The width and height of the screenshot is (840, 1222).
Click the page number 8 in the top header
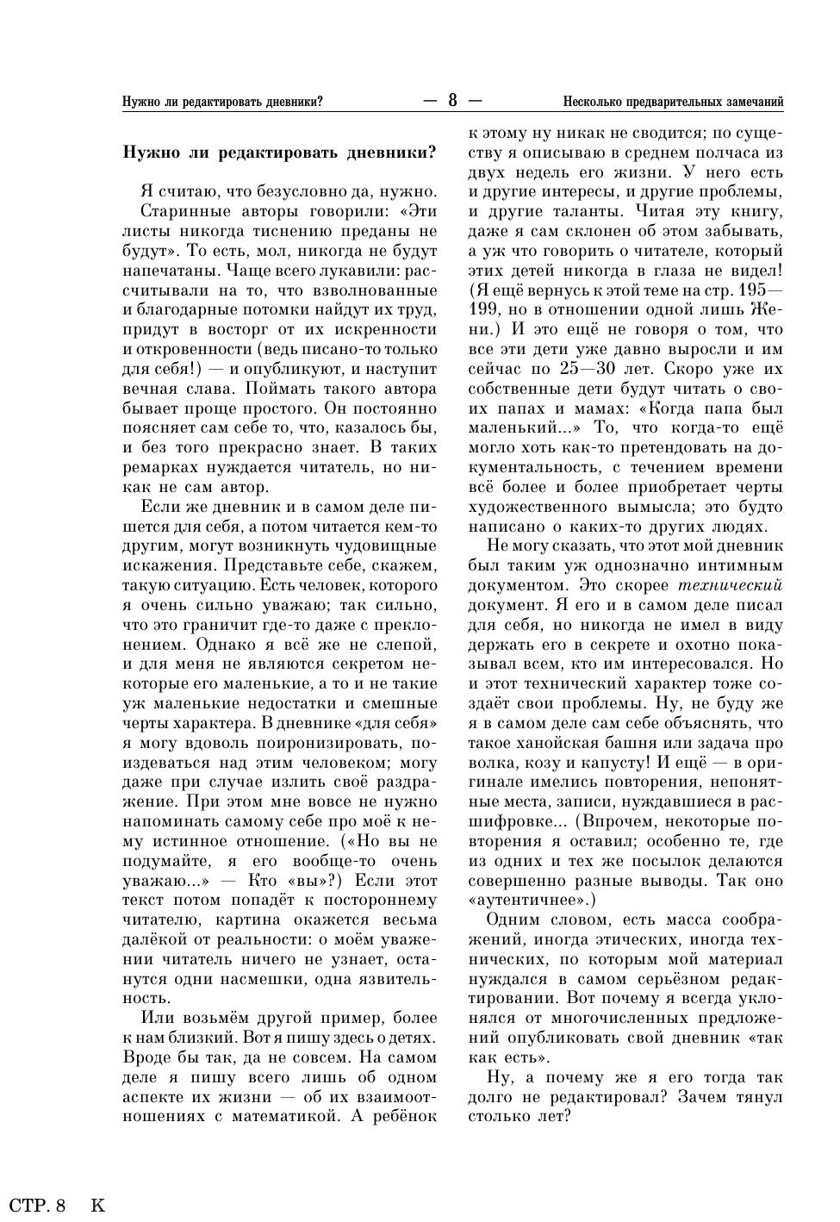tap(452, 101)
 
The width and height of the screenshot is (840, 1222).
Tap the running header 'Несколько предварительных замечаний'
tap(673, 102)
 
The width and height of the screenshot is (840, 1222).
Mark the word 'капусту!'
tap(615, 762)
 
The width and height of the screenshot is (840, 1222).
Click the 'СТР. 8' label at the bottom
tap(38, 1205)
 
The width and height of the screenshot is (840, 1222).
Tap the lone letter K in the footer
tap(97, 1205)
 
